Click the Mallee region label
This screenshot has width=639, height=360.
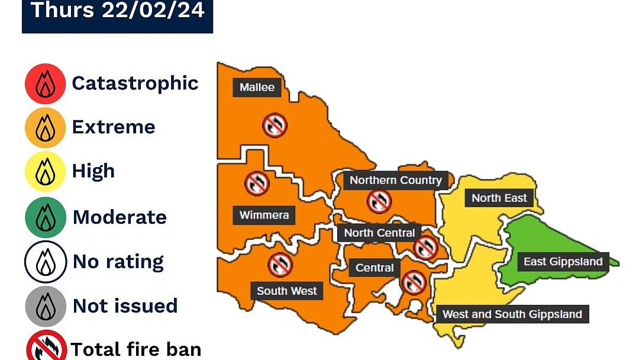pos(257,88)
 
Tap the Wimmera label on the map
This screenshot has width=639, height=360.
pos(264,214)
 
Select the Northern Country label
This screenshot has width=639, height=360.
pos(395,180)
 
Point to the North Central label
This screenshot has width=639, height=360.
pos(379,233)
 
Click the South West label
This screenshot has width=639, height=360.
pos(287,291)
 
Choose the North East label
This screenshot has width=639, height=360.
pos(499,198)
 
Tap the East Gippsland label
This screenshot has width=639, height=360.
pos(563,262)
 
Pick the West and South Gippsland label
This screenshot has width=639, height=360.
pos(512,314)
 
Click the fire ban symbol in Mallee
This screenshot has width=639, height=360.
pos(275,126)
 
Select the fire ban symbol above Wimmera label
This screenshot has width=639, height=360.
pos(257,184)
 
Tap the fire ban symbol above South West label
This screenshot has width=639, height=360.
pos(280,265)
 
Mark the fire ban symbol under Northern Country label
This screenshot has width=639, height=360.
pos(379,201)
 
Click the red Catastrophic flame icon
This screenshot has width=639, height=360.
pos(45,84)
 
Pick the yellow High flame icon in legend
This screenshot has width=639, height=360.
pos(45,172)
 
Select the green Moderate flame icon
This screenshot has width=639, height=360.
pos(45,217)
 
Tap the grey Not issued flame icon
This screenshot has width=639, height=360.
pos(45,306)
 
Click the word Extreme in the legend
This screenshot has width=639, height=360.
pos(113,127)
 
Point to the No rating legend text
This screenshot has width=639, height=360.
pos(118,261)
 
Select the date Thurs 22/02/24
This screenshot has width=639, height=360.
pos(117,11)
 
